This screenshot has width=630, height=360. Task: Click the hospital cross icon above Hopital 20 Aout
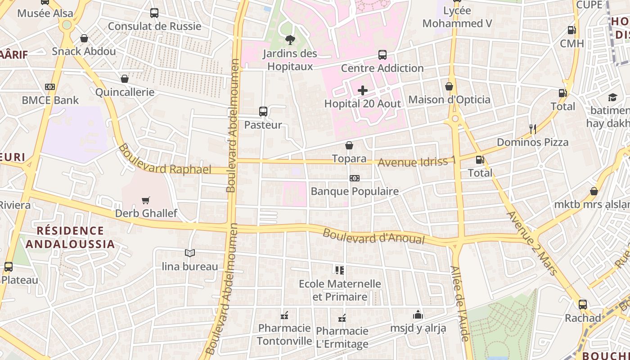[362, 90]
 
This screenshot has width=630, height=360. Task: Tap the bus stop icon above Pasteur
[263, 111]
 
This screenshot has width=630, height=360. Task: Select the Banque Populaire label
[355, 191]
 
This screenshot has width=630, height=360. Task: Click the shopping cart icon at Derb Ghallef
[145, 200]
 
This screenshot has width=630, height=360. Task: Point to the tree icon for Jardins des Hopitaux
[290, 40]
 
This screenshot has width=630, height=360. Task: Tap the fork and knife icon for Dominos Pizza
[533, 129]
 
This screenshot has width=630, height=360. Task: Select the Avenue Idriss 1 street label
[417, 161]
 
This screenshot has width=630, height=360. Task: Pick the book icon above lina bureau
[190, 253]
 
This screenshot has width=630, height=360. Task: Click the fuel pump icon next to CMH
[571, 30]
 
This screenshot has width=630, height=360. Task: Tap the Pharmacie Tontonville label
[284, 334]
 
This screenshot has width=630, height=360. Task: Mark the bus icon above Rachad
[583, 305]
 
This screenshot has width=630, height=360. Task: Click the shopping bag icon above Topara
[349, 145]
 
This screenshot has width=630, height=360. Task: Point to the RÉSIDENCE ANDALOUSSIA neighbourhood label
[70, 237]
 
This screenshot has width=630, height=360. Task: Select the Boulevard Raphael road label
[165, 160]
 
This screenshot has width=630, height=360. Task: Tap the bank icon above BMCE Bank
[50, 87]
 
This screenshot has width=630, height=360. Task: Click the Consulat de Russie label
[154, 26]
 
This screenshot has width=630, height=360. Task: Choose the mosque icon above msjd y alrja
[418, 315]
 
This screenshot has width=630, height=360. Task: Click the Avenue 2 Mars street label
[532, 243]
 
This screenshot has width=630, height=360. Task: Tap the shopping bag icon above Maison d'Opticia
[449, 86]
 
